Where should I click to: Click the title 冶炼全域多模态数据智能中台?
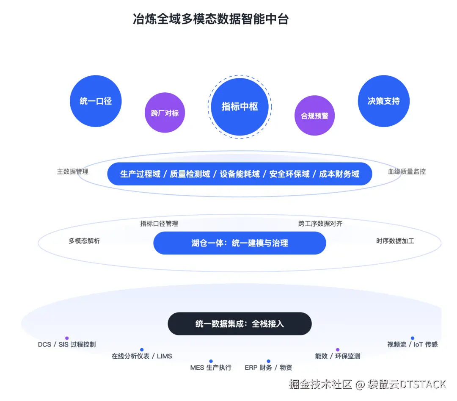coord(210,19)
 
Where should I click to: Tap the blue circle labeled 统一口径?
coord(96,101)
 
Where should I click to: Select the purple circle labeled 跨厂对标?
coord(165,113)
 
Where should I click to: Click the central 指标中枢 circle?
coord(240,107)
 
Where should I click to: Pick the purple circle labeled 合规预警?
coord(314,116)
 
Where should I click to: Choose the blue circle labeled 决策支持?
coord(384,101)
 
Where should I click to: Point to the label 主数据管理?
coord(73,171)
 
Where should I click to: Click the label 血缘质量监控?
coord(407,171)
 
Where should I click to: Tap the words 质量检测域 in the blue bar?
coord(190,174)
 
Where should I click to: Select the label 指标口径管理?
coord(159,224)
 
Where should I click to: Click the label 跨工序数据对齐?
coord(320,224)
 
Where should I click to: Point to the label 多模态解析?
coord(84,241)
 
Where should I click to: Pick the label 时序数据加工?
coord(395,241)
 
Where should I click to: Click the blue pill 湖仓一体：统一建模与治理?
coord(240,243)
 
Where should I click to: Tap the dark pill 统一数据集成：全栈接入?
coord(240,324)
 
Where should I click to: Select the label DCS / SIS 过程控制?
coord(67,345)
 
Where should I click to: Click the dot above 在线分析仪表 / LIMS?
coord(142,350)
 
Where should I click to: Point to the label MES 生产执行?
coord(211,368)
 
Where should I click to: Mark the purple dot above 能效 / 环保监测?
coord(338,350)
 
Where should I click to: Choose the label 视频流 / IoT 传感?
coord(412,345)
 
